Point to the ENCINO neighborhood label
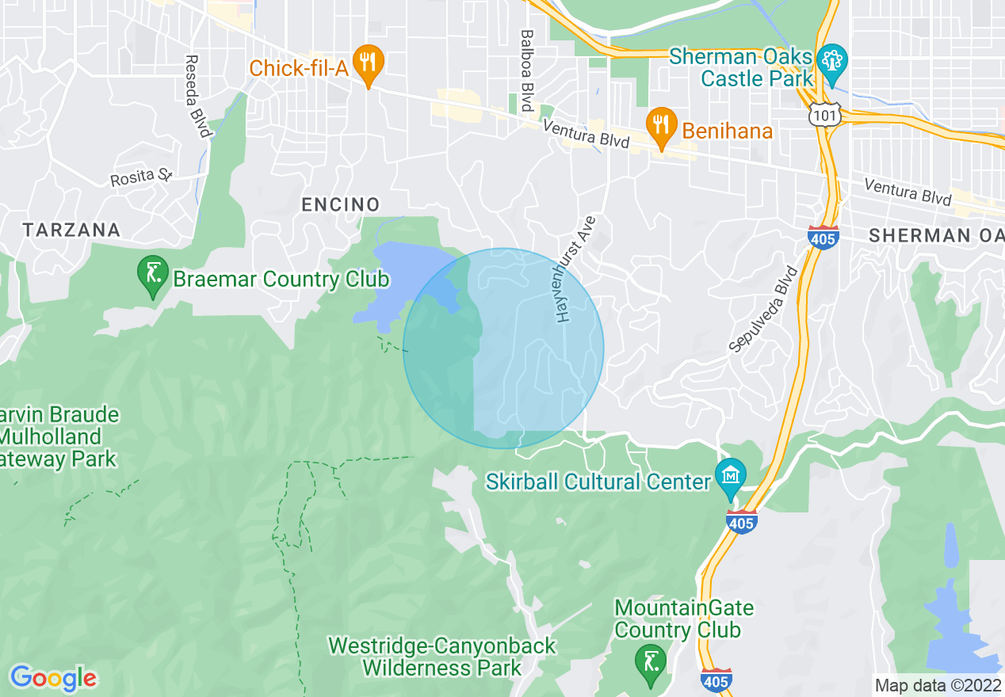pyautogui.click(x=341, y=205)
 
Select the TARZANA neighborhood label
pyautogui.click(x=71, y=230)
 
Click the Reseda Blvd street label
pyautogui.click(x=196, y=96)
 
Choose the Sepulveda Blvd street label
pyautogui.click(x=763, y=308)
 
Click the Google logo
pyautogui.click(x=53, y=677)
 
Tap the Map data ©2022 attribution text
pyautogui.click(x=937, y=685)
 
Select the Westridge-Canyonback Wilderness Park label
pyautogui.click(x=442, y=657)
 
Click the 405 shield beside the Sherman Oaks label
pyautogui.click(x=823, y=237)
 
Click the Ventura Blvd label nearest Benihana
pyautogui.click(x=587, y=135)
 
